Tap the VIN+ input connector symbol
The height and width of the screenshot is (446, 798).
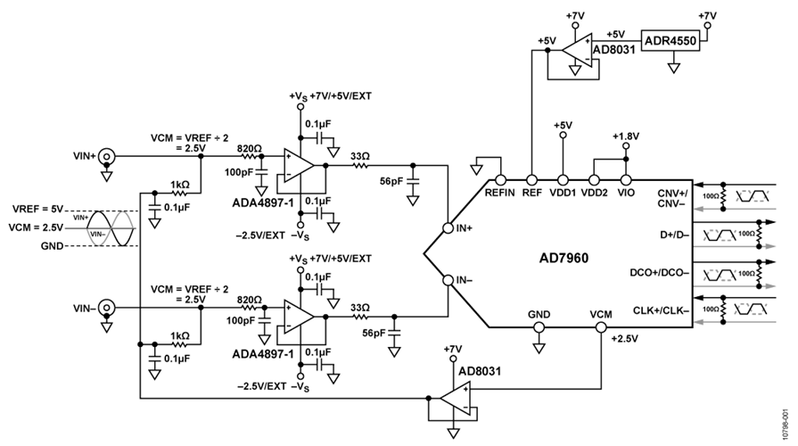pos(105,156)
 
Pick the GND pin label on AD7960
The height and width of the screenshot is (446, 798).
pos(539,315)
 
